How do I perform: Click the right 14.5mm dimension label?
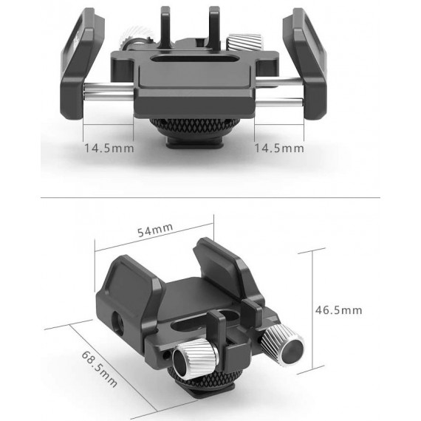coord(278,148)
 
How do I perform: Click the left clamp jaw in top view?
coord(78,55)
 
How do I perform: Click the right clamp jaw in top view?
coord(308,55)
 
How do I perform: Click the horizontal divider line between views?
coord(210,197)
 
